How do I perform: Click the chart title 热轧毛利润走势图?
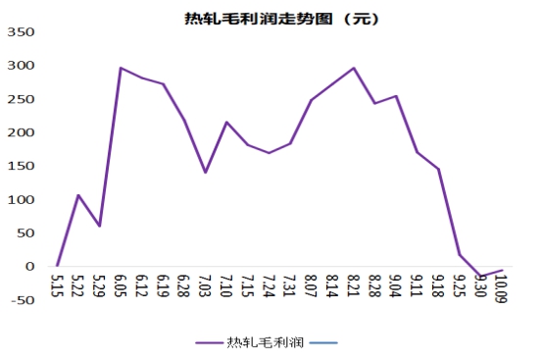(259, 19)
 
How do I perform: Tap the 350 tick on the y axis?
(21, 32)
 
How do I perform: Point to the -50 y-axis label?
(23, 300)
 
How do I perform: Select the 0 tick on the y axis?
(30, 267)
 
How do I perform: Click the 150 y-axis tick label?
(21, 166)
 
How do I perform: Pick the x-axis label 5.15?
(57, 285)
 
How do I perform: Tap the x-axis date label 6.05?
(121, 285)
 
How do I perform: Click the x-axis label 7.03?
(205, 285)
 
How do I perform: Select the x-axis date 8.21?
(354, 285)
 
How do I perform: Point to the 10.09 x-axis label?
(502, 288)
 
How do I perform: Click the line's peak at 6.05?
(121, 68)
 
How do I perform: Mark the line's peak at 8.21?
(354, 68)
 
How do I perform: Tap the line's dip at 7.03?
(205, 172)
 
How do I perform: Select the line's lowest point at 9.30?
(480, 277)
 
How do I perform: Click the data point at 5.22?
(78, 195)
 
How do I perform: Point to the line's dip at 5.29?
(99, 226)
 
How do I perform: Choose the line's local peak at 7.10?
(226, 122)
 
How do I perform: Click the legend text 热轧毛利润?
(265, 342)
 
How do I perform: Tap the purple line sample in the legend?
(209, 343)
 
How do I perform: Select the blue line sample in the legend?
(323, 343)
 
